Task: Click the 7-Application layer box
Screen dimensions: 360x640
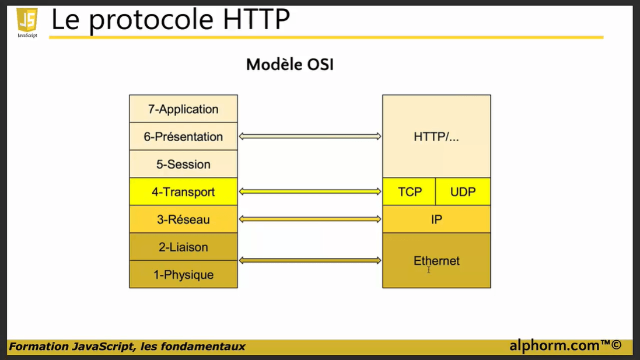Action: point(183,109)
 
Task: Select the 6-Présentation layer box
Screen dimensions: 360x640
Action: point(183,137)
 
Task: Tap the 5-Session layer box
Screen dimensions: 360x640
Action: point(183,164)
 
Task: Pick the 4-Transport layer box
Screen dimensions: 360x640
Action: point(183,192)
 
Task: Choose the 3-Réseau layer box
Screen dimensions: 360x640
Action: point(183,219)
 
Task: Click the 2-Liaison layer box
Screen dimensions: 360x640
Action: point(183,247)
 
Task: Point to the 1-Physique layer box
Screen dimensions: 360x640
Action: point(183,274)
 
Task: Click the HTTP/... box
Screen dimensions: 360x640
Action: point(436,137)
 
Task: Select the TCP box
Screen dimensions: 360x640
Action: point(410,192)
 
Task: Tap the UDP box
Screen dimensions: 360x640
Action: point(463,192)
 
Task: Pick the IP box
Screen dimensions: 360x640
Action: point(436,219)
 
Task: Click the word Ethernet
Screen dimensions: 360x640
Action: point(436,261)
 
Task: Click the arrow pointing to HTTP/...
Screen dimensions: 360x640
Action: point(310,137)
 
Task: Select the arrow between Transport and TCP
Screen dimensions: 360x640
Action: point(310,191)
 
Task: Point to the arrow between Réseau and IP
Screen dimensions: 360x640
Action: point(310,219)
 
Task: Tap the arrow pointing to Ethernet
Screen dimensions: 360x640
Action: point(310,261)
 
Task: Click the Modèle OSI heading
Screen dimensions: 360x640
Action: point(290,64)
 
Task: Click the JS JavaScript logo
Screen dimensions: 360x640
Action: point(27,23)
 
